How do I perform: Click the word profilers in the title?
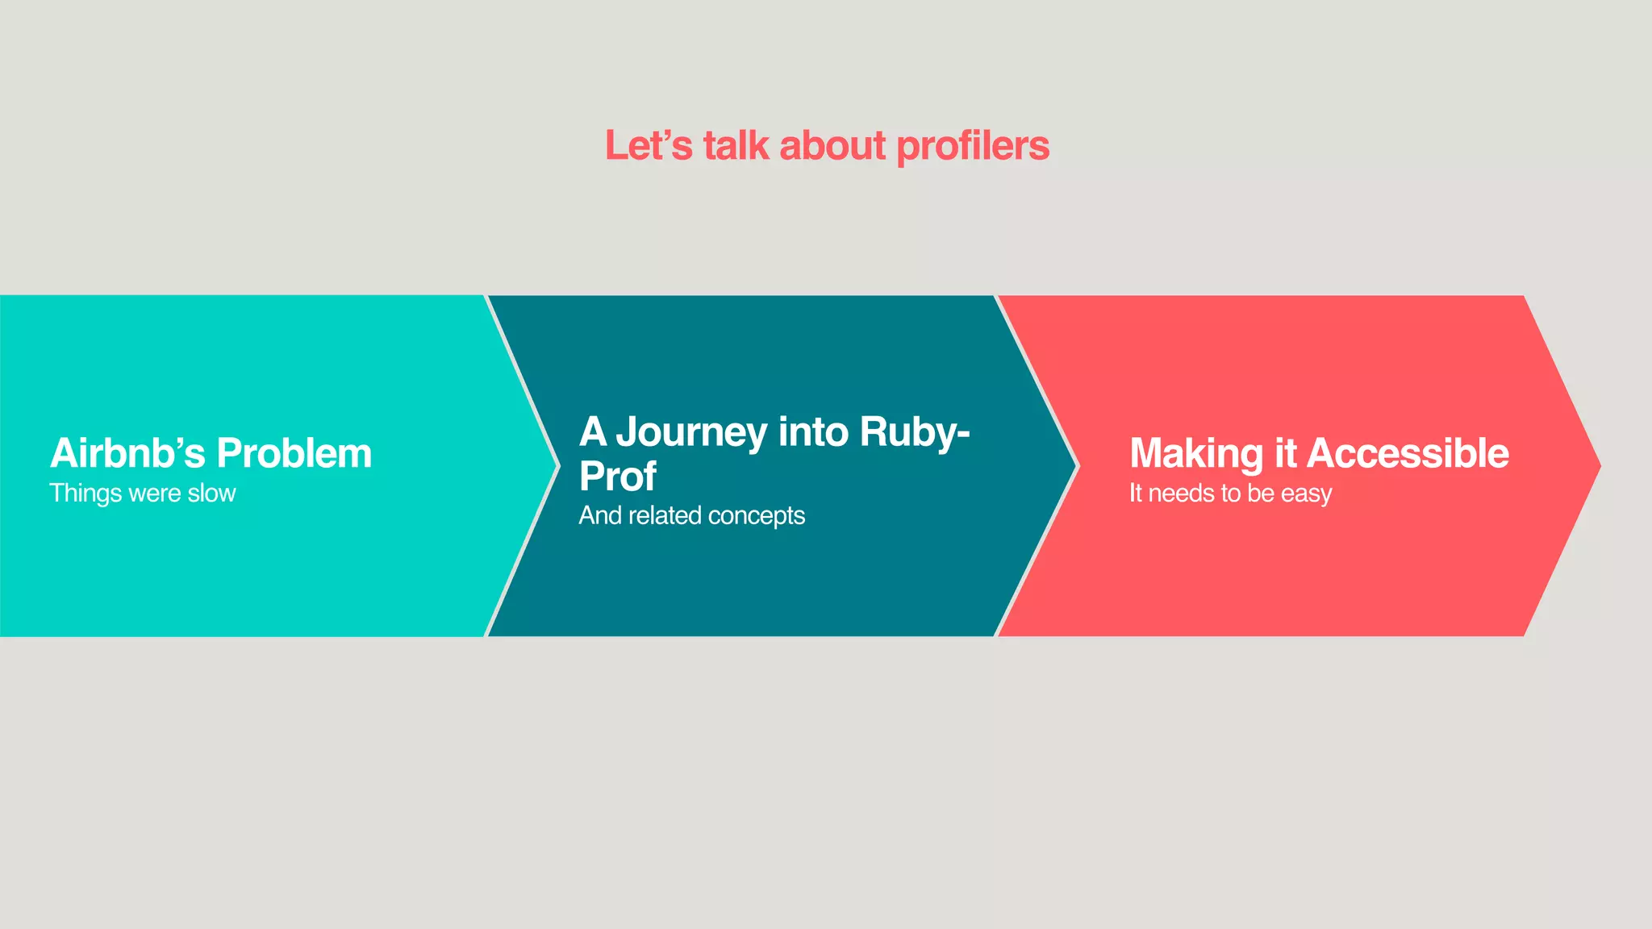(x=973, y=147)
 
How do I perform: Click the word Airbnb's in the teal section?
(x=127, y=453)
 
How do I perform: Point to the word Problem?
(x=294, y=453)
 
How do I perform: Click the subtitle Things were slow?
(x=143, y=494)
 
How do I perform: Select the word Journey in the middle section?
(x=691, y=432)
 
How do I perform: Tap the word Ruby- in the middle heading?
(x=914, y=432)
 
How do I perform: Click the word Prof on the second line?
(x=618, y=477)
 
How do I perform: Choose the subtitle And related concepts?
(x=691, y=515)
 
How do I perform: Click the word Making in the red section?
(x=1196, y=453)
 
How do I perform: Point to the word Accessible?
(x=1408, y=453)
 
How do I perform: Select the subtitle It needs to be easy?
(x=1230, y=494)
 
